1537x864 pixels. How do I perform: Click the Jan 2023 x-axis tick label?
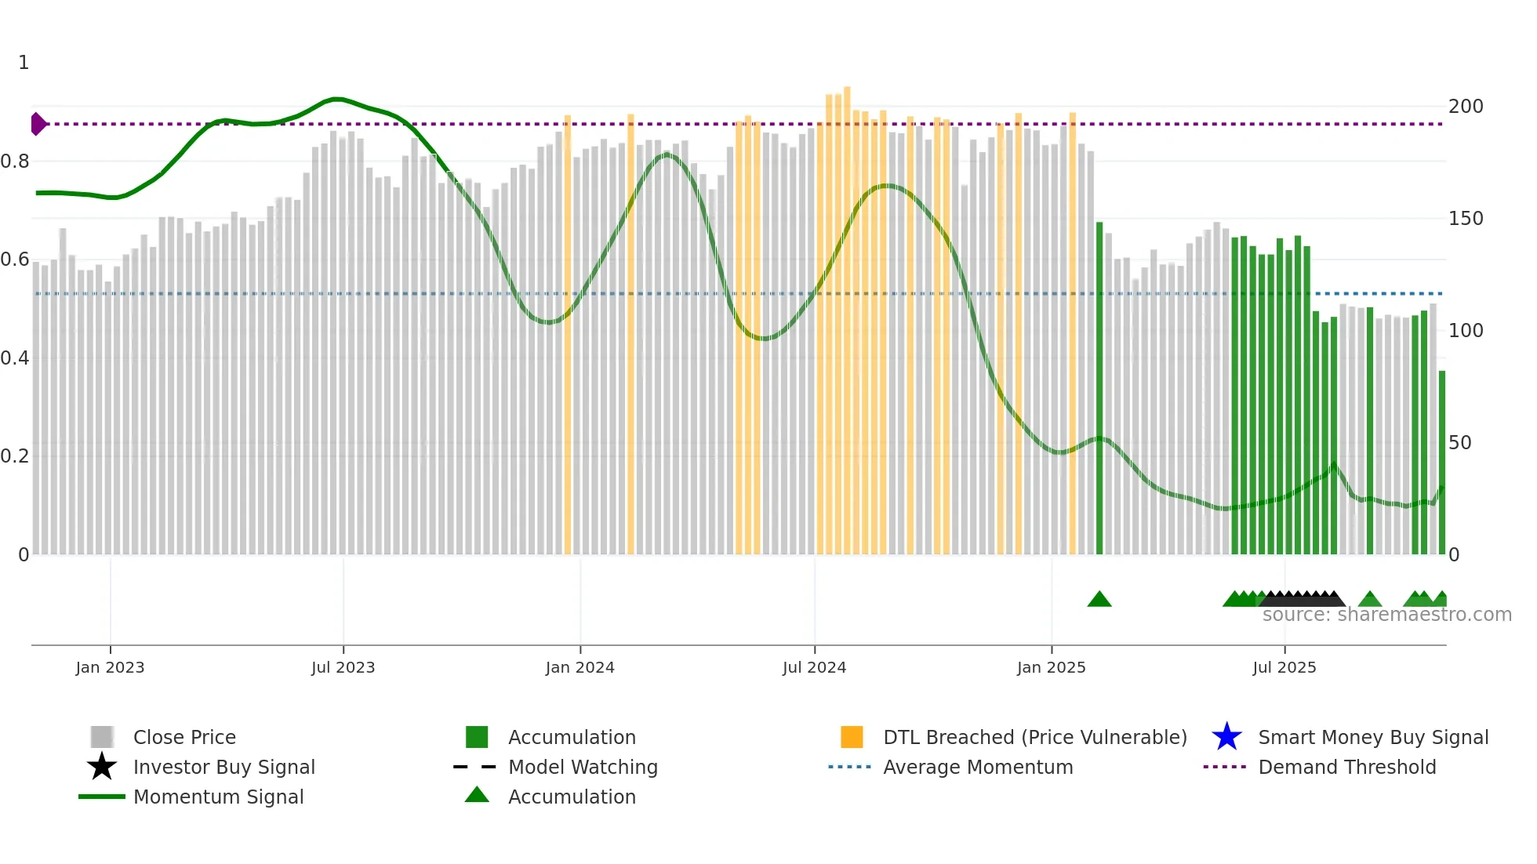click(x=110, y=667)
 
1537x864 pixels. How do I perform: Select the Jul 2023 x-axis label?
click(x=343, y=667)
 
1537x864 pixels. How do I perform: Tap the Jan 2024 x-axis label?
click(x=580, y=667)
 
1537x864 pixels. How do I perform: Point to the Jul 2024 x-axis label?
click(x=814, y=667)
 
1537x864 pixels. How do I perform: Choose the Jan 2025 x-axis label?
click(x=1051, y=667)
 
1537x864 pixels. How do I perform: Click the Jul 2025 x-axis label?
click(x=1284, y=667)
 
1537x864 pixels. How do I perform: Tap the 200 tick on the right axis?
click(x=1466, y=107)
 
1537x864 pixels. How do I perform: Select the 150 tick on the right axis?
click(x=1466, y=219)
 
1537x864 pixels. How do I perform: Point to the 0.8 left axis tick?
click(x=15, y=162)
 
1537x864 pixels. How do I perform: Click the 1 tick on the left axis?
click(x=24, y=63)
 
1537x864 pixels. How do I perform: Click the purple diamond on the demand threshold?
click(x=38, y=124)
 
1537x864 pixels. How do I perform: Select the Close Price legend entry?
click(x=184, y=737)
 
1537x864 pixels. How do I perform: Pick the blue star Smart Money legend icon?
click(x=1226, y=737)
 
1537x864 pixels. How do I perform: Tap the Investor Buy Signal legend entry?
click(x=223, y=767)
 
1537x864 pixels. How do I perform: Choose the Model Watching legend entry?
click(x=583, y=767)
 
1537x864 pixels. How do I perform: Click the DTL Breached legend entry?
click(x=1034, y=737)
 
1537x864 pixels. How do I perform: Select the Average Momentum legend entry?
click(x=978, y=767)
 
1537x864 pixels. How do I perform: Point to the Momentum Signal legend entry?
click(x=218, y=797)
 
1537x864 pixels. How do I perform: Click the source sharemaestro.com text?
click(x=1386, y=615)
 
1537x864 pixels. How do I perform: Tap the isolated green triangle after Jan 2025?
click(x=1099, y=600)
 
